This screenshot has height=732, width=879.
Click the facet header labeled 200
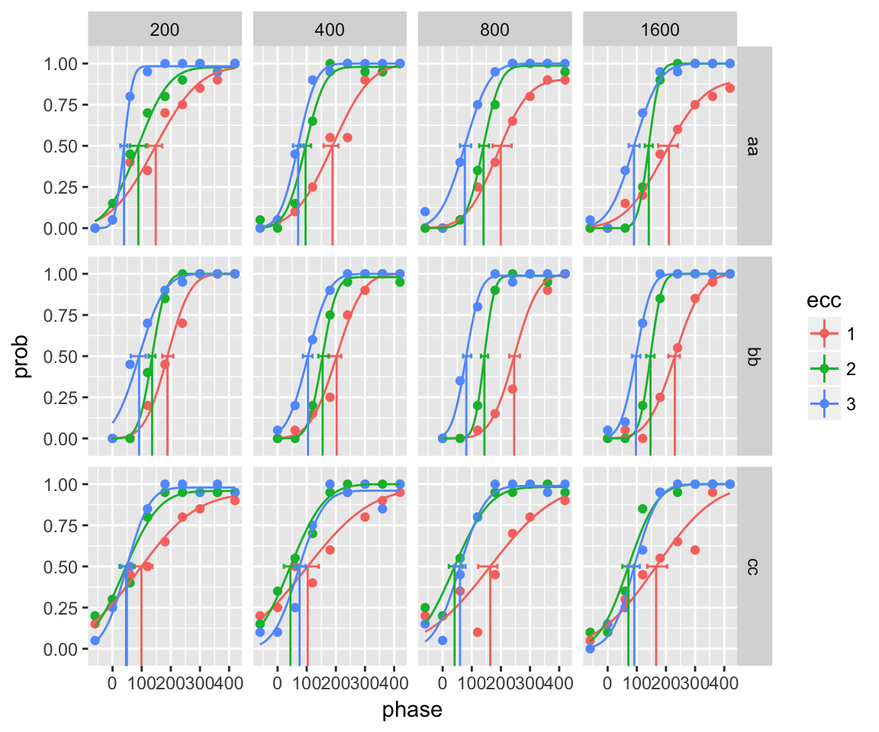coord(165,30)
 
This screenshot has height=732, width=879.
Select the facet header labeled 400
coord(330,30)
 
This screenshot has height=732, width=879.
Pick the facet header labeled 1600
coord(660,30)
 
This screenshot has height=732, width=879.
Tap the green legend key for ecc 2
coord(825,369)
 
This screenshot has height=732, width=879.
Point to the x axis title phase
coord(412,710)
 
